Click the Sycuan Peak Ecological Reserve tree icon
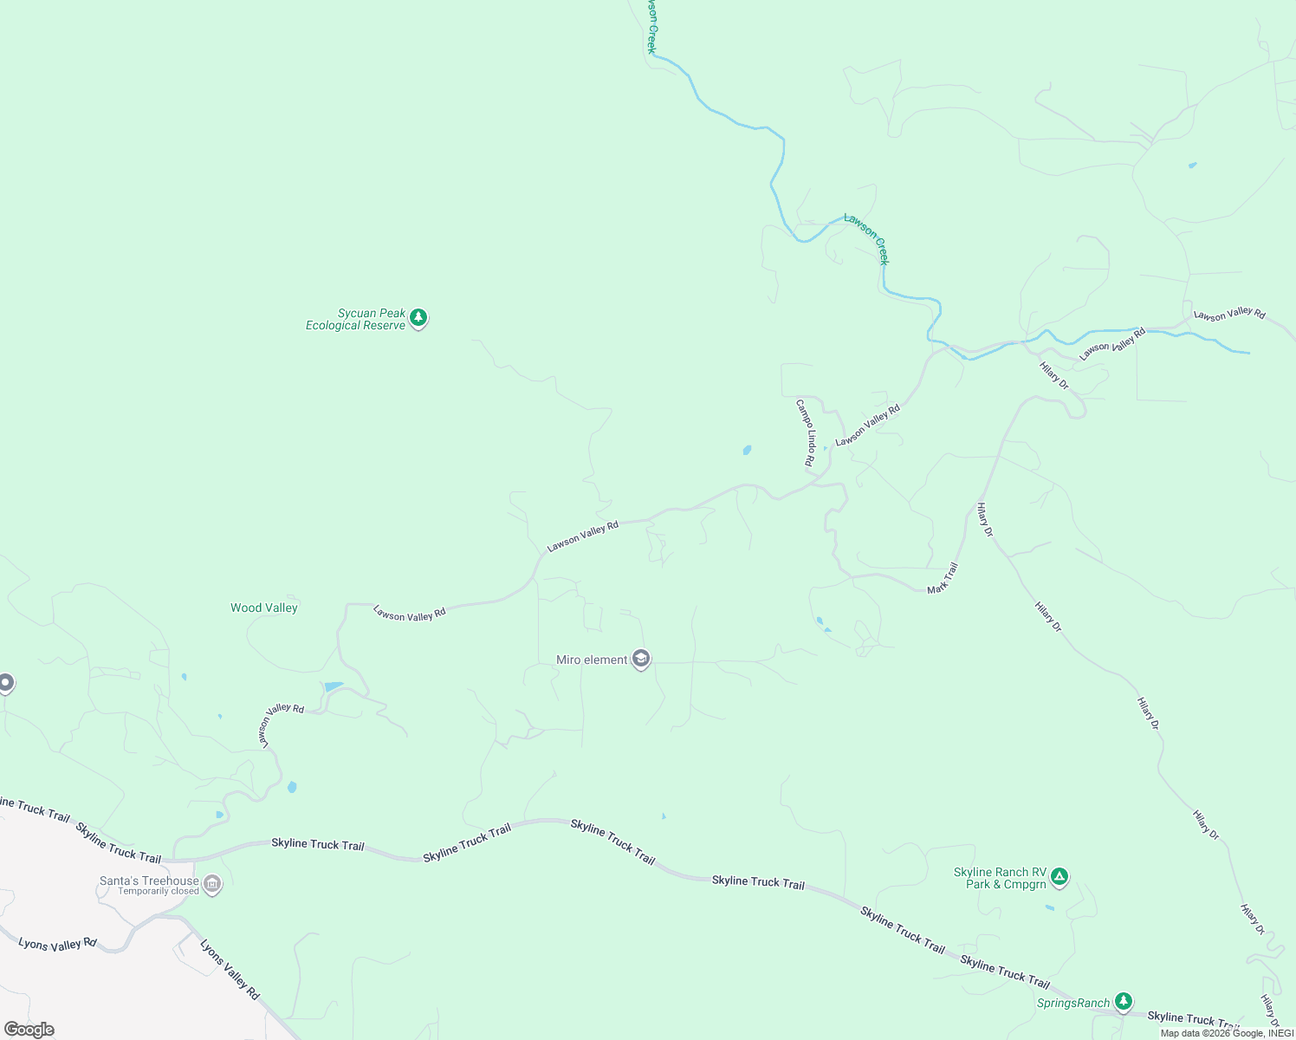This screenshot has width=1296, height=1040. pos(418,318)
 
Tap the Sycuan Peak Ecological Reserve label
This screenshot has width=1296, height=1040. pos(356,320)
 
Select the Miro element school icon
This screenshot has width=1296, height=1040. pos(641,660)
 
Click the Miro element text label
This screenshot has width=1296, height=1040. pos(592,660)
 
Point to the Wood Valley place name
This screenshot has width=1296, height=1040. pos(264,608)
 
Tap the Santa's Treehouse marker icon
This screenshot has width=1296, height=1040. pos(212,885)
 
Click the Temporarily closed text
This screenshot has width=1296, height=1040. pos(159,892)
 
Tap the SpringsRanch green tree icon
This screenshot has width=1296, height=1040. pos(1124,1002)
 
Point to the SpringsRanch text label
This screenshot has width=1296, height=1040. pos(1073,1004)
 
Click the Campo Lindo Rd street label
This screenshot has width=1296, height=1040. pos(807,432)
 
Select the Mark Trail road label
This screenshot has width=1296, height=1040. pos(943,578)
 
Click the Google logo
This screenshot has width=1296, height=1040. pos(29,1030)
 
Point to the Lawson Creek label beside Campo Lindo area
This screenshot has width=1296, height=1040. pos(867,238)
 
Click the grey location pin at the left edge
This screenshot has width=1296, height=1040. pos(5,684)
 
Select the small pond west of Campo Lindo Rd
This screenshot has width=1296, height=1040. pos(747,450)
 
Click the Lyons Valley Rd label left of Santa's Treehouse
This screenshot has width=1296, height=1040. pos(57,944)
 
